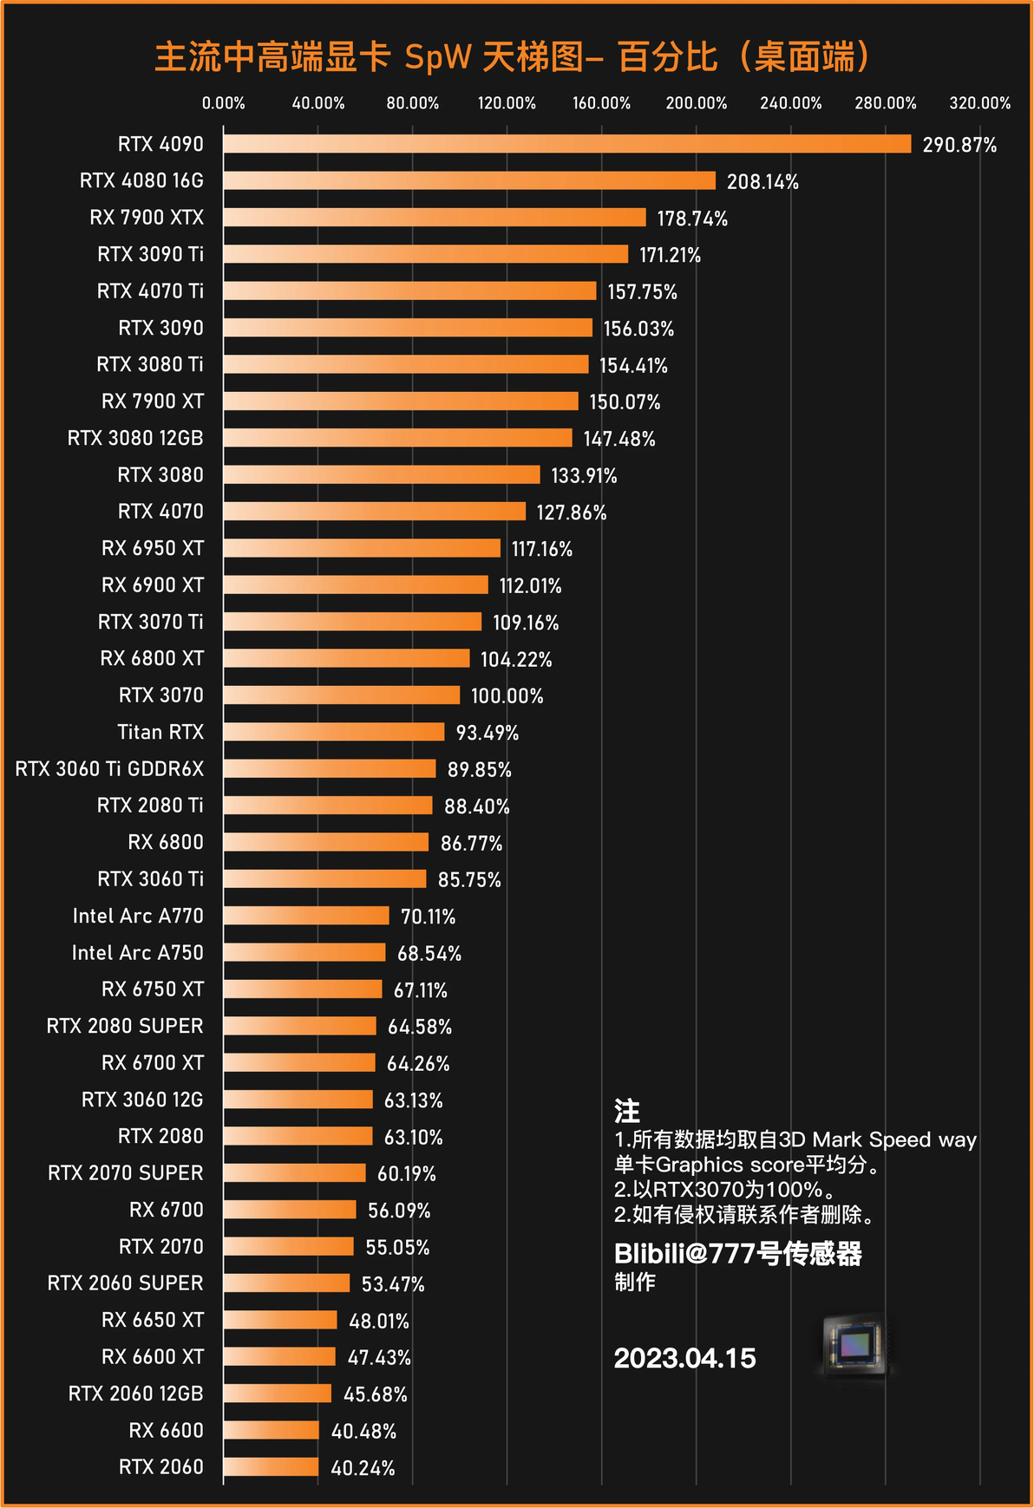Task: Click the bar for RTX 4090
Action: (567, 144)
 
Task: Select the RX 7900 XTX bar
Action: (435, 218)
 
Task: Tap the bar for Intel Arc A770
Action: (306, 916)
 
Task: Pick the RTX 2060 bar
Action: (271, 1467)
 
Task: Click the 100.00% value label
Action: (507, 696)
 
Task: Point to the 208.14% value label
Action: (762, 181)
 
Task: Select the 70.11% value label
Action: (428, 917)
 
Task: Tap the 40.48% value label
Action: (363, 1431)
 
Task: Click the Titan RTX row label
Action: (160, 732)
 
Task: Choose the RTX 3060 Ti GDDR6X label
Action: (109, 769)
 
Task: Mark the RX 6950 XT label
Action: (153, 548)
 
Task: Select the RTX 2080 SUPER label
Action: (125, 1026)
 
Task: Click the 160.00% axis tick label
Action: (601, 103)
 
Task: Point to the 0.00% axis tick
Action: (224, 103)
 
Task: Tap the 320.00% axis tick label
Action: (979, 103)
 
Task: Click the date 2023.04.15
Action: (684, 1358)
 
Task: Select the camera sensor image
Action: (854, 1345)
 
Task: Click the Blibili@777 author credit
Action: (737, 1254)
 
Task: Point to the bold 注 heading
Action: (626, 1111)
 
